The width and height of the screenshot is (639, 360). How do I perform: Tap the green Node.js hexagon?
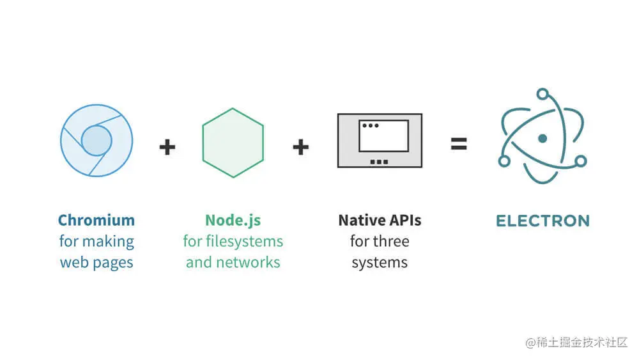click(233, 143)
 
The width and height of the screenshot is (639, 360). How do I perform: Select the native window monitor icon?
click(380, 140)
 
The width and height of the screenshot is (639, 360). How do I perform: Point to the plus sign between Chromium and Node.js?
click(167, 147)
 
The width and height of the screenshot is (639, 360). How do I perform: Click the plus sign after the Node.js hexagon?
click(300, 147)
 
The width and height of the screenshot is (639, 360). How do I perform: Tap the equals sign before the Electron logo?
click(458, 143)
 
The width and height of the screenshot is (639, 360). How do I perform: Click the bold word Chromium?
click(96, 221)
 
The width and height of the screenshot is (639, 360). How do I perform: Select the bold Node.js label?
click(233, 221)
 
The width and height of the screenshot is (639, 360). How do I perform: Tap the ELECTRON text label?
click(543, 221)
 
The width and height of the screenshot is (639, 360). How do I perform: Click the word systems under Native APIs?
click(380, 262)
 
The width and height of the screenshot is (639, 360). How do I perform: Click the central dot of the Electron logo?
click(543, 138)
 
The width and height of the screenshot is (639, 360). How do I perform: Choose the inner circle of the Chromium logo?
click(96, 140)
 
